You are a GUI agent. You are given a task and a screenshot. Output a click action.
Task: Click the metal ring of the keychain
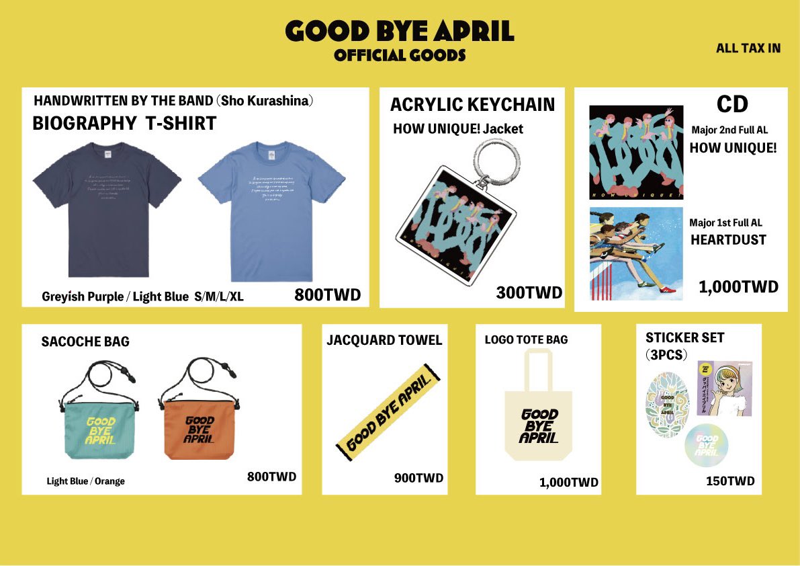(499, 156)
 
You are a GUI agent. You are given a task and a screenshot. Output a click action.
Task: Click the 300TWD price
(529, 292)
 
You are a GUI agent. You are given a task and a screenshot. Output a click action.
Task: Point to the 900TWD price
(418, 478)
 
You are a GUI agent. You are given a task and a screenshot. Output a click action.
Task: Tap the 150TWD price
(730, 481)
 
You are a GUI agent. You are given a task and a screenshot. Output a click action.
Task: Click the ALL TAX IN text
(748, 48)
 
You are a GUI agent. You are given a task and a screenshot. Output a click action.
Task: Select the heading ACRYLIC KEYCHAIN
(472, 105)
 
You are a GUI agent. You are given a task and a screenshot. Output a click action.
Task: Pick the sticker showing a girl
(725, 388)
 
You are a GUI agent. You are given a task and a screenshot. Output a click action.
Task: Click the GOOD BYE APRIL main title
(400, 31)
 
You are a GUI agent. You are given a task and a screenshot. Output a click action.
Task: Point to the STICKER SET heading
(684, 337)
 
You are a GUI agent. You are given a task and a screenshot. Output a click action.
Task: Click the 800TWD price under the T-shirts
(327, 294)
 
